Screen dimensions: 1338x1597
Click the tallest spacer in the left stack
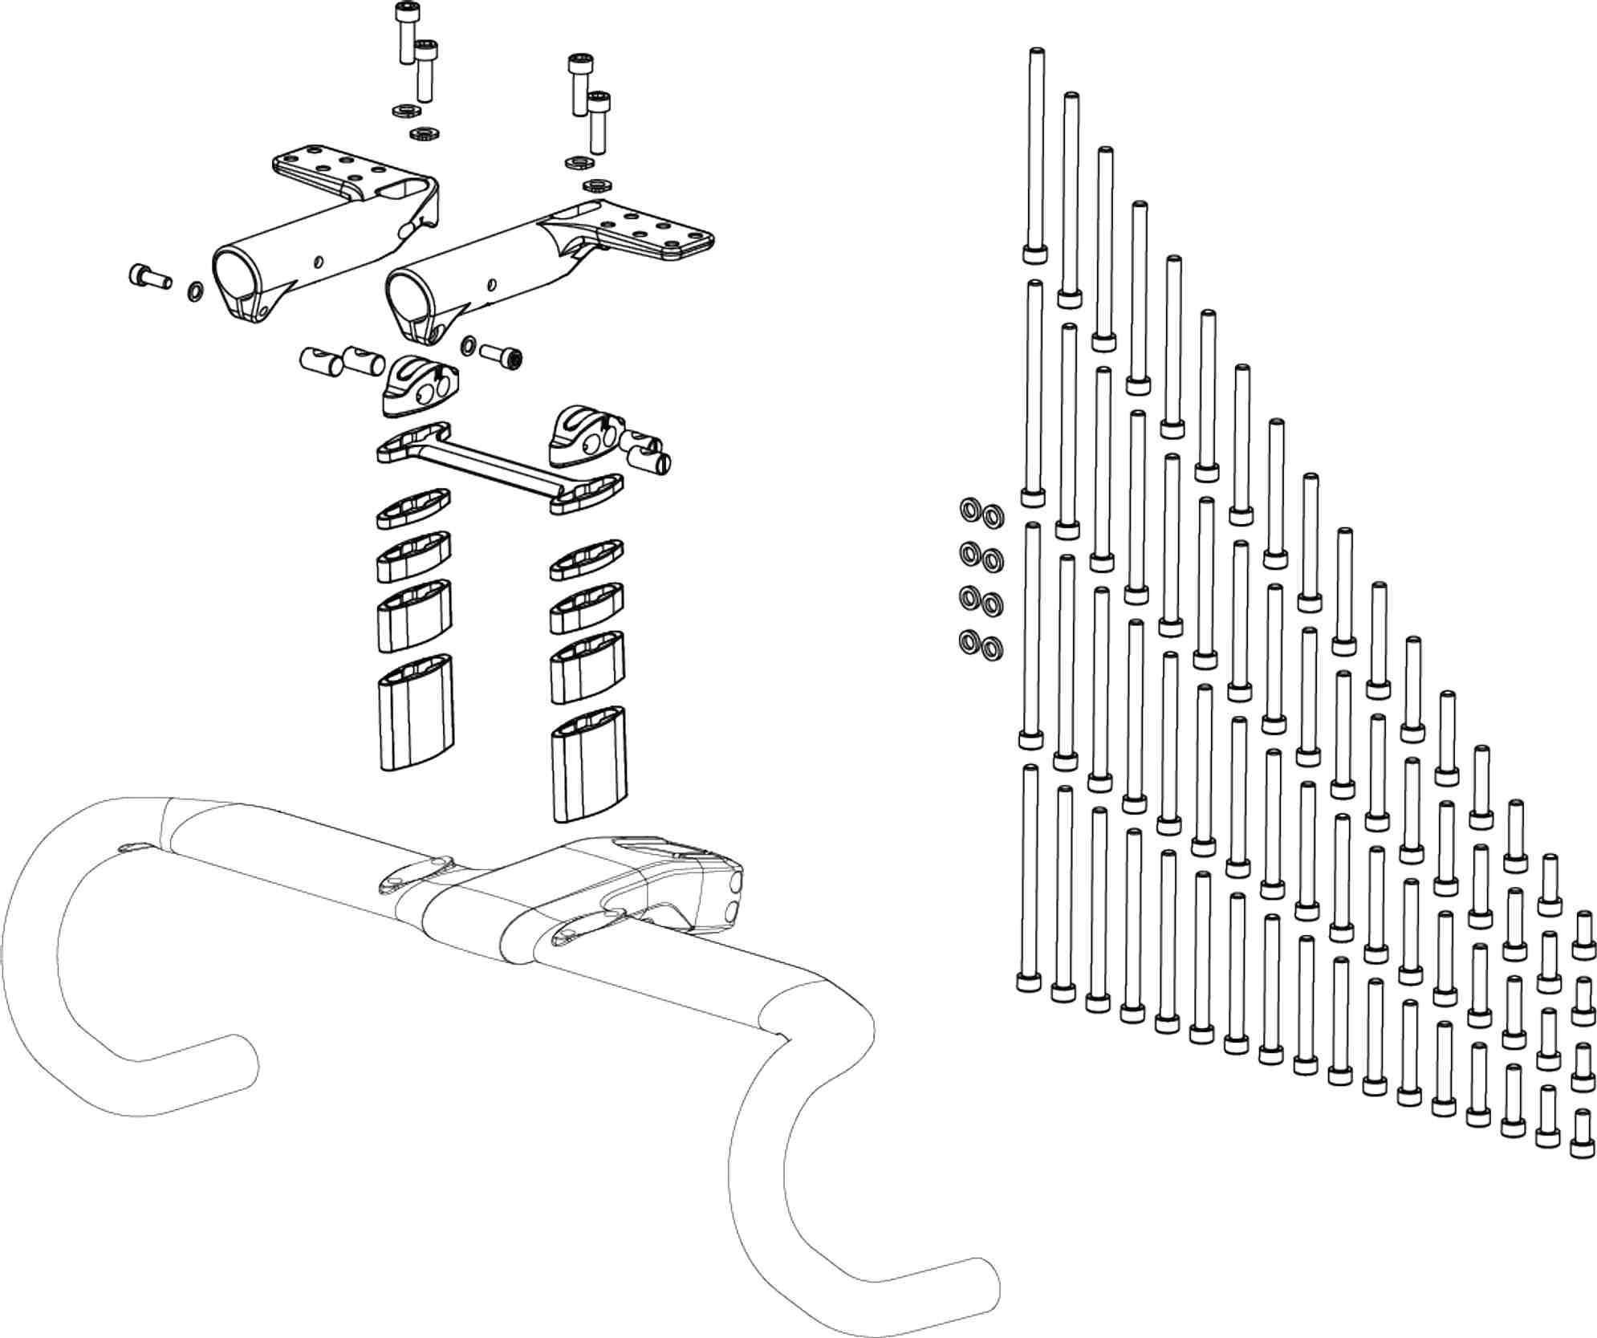click(415, 713)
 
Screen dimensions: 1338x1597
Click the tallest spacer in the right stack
click(589, 765)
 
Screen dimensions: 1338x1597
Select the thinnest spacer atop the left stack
click(413, 509)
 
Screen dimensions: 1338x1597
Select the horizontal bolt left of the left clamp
click(149, 277)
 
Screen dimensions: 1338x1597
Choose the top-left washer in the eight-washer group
click(969, 510)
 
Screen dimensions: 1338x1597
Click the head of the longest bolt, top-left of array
click(1035, 254)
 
